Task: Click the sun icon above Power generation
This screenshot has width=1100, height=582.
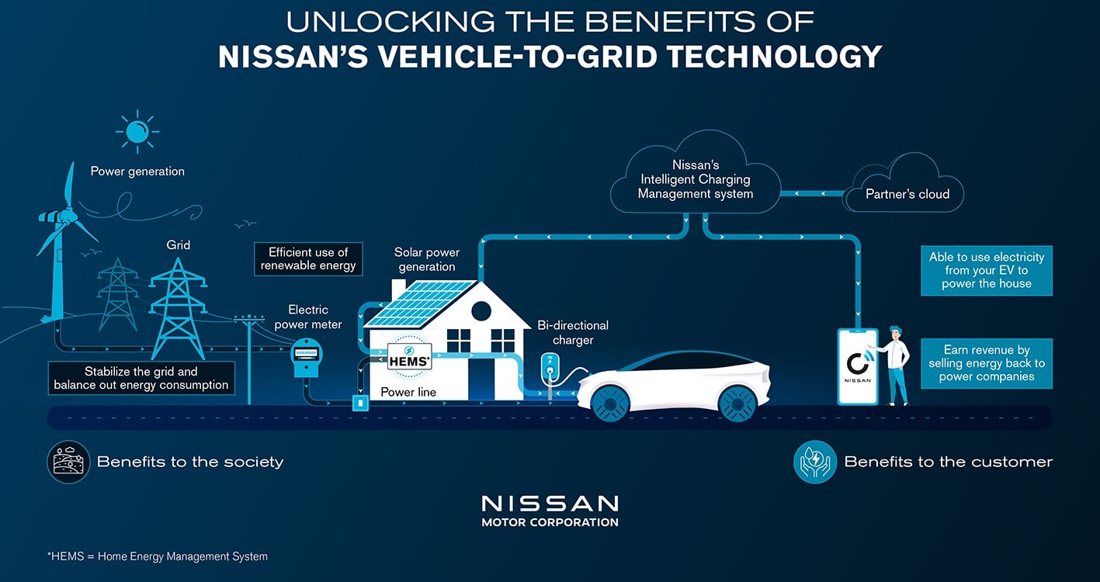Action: (x=137, y=131)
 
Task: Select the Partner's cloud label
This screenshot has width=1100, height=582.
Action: (x=907, y=194)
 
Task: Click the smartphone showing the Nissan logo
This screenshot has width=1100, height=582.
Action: (x=858, y=367)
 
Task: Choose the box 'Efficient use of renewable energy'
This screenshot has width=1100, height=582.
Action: (x=308, y=258)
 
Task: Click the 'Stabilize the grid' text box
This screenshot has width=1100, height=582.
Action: (x=141, y=378)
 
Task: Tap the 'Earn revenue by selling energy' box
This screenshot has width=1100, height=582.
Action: (x=987, y=363)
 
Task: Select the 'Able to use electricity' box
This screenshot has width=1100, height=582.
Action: (x=987, y=270)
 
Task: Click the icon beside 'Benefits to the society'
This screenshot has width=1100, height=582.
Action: (x=68, y=462)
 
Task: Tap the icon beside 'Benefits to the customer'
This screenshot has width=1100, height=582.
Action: (x=814, y=462)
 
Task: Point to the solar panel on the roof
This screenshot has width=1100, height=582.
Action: (x=419, y=303)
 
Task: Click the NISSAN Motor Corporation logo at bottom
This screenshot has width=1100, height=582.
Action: (x=550, y=511)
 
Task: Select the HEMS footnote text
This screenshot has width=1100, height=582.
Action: (x=158, y=556)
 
